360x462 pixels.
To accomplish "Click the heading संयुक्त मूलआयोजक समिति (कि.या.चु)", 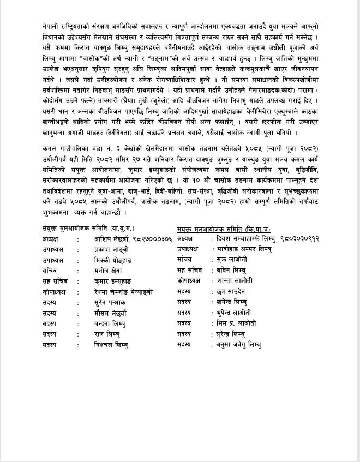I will point(224,229).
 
